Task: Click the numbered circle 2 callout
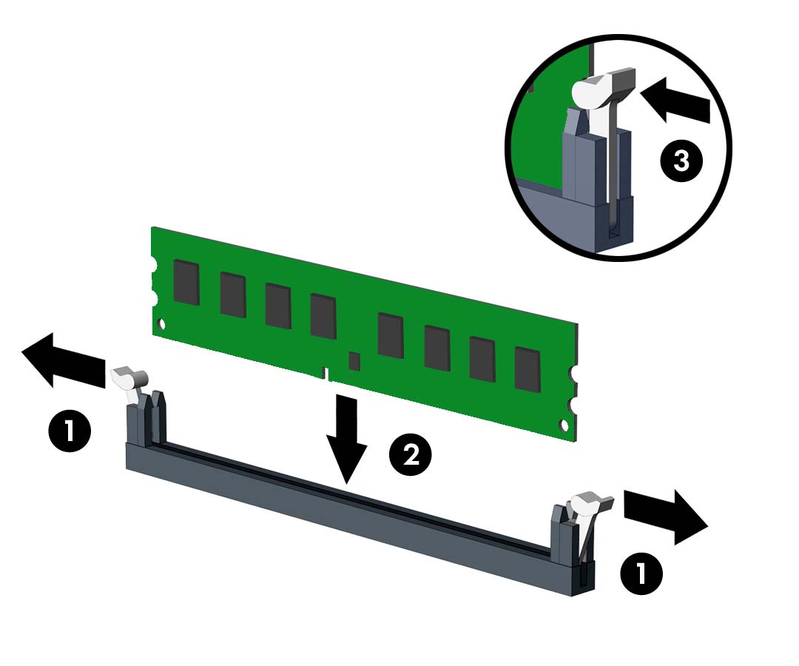(410, 454)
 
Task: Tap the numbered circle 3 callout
(682, 161)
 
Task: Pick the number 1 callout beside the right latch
(641, 573)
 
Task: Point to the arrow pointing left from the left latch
(64, 360)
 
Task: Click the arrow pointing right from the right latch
(666, 517)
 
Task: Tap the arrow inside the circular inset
(675, 101)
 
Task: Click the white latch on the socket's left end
(129, 380)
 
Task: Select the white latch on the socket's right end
(591, 505)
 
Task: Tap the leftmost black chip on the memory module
(186, 282)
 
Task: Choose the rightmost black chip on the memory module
(527, 369)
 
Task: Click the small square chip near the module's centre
(354, 361)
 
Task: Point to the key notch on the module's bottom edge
(326, 374)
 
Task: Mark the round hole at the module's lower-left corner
(162, 323)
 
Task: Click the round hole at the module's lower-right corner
(564, 425)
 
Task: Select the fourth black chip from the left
(323, 317)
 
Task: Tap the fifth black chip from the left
(391, 336)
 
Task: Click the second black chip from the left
(233, 295)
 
